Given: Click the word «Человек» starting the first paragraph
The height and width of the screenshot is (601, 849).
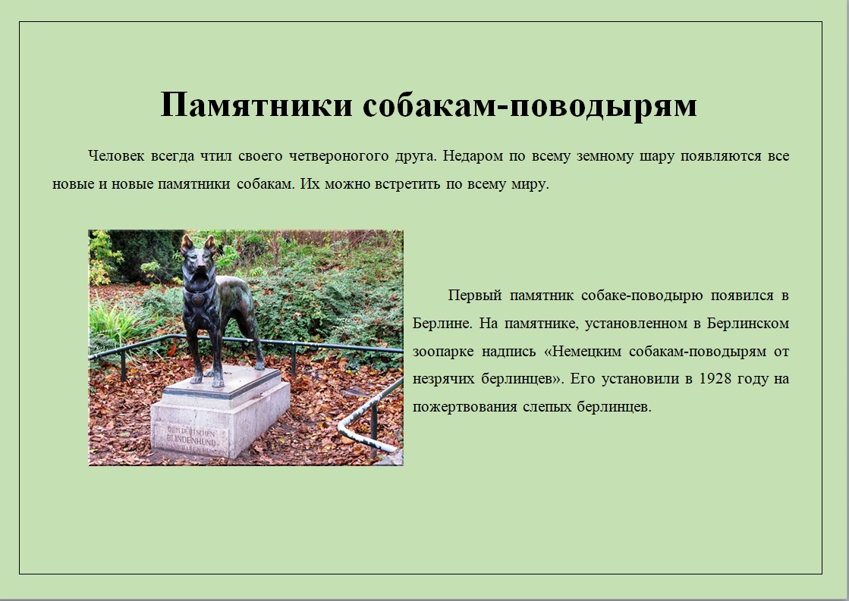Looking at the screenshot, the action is click(x=116, y=156).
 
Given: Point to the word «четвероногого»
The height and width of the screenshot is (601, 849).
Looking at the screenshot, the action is click(x=338, y=156).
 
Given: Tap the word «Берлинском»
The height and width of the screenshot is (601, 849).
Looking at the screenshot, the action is click(x=748, y=323).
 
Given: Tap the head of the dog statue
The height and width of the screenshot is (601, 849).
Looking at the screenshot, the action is click(x=197, y=261).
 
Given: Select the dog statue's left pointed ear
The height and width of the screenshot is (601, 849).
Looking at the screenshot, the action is click(x=187, y=245).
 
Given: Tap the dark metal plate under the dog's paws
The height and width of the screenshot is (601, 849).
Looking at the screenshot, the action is click(x=223, y=383).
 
